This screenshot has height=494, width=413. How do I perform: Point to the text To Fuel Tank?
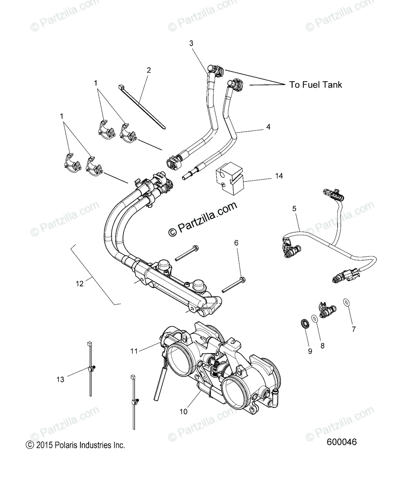tap(315, 85)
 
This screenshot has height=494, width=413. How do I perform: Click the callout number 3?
tap(191, 43)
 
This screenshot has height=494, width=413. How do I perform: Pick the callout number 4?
tap(268, 127)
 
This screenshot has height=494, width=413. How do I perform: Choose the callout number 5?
tap(294, 209)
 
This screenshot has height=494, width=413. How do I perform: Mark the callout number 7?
tap(353, 329)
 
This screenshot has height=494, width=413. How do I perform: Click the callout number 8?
tap(322, 346)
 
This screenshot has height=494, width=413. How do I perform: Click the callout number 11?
tap(133, 351)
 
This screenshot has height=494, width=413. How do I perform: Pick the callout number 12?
tap(79, 283)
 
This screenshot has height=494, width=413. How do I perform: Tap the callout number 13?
tap(61, 380)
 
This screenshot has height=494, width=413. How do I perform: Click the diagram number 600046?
tap(341, 442)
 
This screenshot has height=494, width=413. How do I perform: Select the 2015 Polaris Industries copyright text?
tap(75, 445)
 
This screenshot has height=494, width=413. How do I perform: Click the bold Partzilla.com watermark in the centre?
tap(203, 219)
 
